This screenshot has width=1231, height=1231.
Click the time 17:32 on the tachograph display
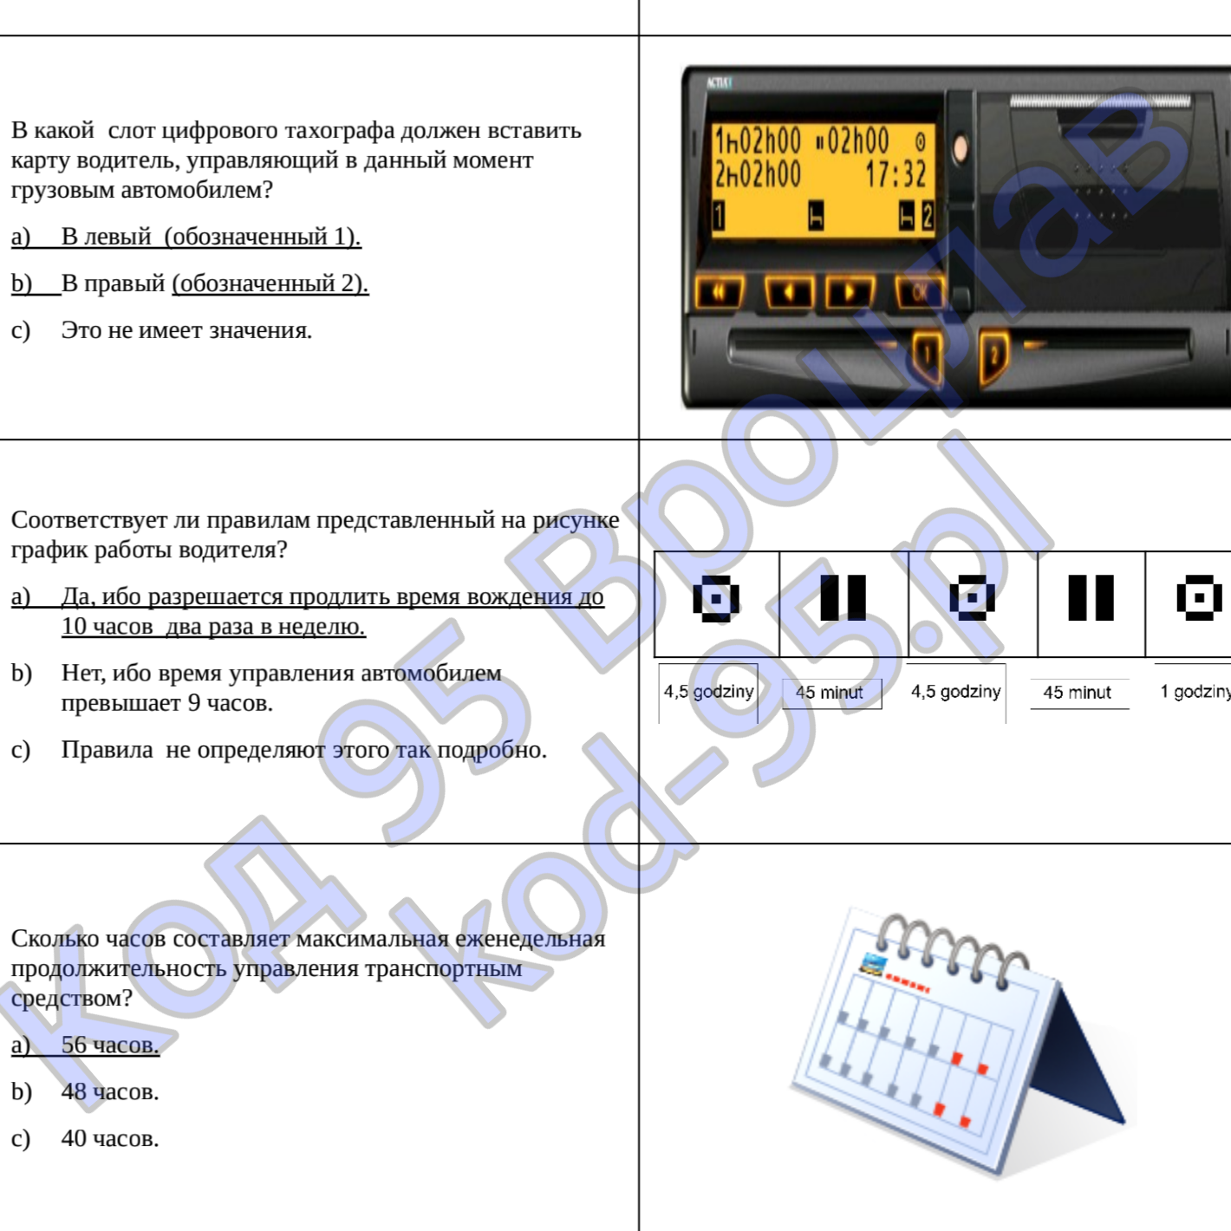point(896,174)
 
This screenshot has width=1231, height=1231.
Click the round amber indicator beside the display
point(960,148)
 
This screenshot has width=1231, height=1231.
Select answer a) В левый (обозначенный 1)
point(186,237)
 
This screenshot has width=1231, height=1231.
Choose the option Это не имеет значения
point(161,329)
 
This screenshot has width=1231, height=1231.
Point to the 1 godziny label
point(1195,692)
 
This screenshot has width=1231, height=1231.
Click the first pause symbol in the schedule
point(843,598)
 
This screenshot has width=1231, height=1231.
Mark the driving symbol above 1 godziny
point(1199,598)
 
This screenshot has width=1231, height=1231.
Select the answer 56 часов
point(85,1045)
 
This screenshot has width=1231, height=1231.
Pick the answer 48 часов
point(85,1091)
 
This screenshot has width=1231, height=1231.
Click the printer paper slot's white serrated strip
point(1100,101)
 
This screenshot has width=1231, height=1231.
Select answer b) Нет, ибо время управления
point(256,687)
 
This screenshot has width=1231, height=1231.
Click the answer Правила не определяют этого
point(279,749)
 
